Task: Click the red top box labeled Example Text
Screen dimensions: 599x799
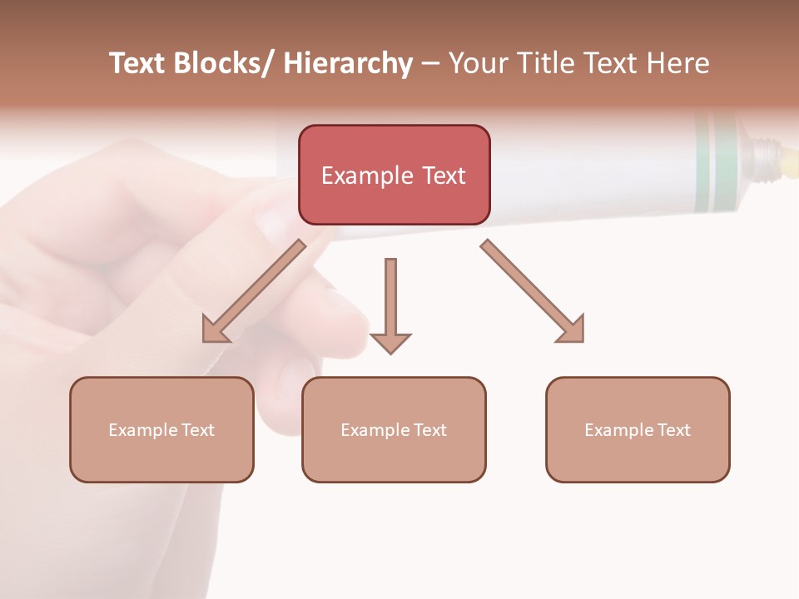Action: point(394,175)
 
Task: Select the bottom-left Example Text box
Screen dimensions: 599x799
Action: point(161,429)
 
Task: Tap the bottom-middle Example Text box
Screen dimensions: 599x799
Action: point(394,429)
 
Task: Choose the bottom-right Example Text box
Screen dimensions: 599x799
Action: point(638,429)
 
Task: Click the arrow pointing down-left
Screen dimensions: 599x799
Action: point(254,291)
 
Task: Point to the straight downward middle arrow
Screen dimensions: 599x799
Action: point(390,304)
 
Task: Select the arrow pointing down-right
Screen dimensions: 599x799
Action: point(533,291)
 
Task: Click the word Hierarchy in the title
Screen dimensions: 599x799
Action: point(348,63)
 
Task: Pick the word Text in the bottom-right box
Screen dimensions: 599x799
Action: point(673,429)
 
